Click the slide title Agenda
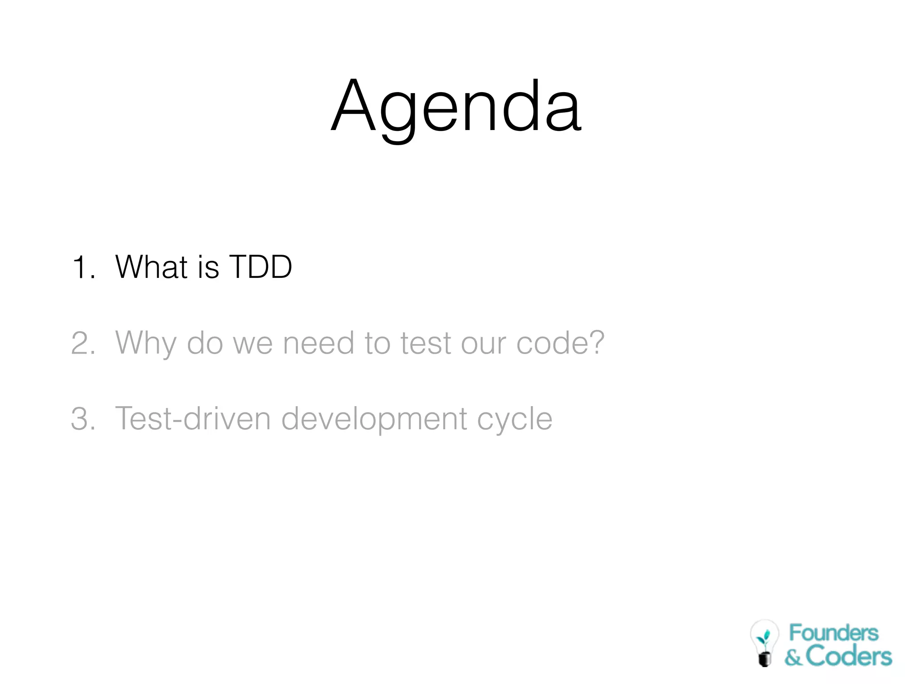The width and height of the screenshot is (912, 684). pos(456,107)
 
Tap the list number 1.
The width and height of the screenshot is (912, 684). pos(83,268)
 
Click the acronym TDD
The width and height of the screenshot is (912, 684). pos(261,267)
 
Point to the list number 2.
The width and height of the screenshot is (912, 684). pos(83,343)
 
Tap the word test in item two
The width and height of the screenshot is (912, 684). pos(426,343)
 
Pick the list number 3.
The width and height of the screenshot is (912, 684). pos(83,419)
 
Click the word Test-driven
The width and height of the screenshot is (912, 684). pos(193,419)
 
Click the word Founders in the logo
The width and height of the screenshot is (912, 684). pos(834,633)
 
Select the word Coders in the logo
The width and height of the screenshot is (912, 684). pos(849,656)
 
